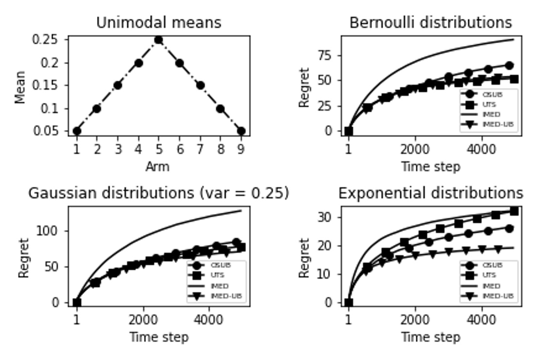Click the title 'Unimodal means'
pos(159,23)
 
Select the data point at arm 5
pos(159,40)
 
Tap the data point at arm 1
pos(77,131)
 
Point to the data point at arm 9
pos(241,131)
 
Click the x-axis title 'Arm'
pos(158,167)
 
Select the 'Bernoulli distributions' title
pos(431,23)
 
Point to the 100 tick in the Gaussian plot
pos(50,231)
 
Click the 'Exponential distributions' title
pos(431,193)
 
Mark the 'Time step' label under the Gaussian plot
pos(159,337)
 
